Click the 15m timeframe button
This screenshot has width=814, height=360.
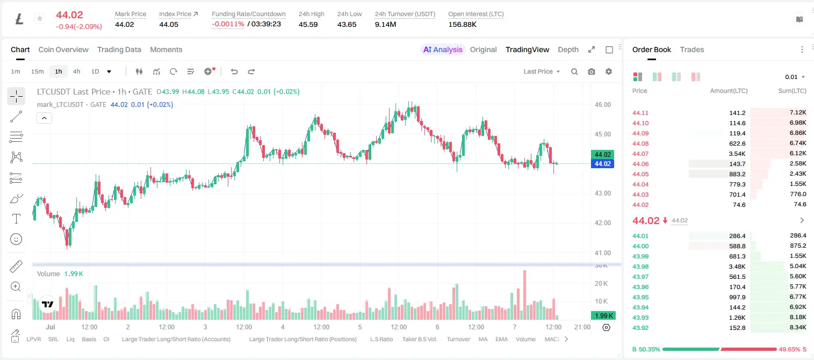(x=37, y=71)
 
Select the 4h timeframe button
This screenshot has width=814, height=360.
(x=76, y=71)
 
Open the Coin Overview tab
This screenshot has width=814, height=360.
(x=63, y=49)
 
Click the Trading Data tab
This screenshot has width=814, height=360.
(x=119, y=49)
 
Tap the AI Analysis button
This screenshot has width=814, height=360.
(x=443, y=49)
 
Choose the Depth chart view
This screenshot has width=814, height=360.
(x=568, y=49)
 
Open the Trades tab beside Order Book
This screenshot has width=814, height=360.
(x=692, y=49)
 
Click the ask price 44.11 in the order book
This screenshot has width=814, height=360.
(x=640, y=113)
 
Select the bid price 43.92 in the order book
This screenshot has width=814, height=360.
(x=640, y=328)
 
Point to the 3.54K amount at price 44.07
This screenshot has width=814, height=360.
(x=737, y=154)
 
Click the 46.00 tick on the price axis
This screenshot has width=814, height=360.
(x=602, y=105)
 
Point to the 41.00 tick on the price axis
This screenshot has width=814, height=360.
(x=602, y=253)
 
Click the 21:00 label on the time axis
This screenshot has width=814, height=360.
(x=582, y=327)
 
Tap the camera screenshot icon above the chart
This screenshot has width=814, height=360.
(x=592, y=71)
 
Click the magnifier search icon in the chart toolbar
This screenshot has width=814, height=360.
(x=574, y=71)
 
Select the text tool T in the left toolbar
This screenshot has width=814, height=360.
(x=16, y=219)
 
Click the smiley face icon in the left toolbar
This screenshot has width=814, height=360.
(x=16, y=239)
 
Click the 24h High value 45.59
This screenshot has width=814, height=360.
(x=308, y=24)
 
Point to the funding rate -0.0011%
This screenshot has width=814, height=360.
(x=228, y=24)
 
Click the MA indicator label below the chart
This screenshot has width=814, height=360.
(x=483, y=339)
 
